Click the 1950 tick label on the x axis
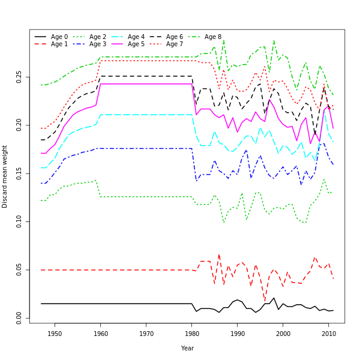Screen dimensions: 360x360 (x=55, y=334)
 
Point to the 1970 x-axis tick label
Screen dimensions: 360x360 (x=146, y=334)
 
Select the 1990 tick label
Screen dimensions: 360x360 (x=238, y=334)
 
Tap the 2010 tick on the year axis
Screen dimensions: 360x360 (x=329, y=334)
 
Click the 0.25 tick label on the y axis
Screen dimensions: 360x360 (x=19, y=77)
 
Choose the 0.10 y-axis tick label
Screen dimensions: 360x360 (x=19, y=221)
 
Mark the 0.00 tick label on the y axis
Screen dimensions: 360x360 (x=19, y=318)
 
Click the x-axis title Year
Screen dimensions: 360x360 (x=187, y=348)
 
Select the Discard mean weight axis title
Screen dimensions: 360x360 (x=5, y=176)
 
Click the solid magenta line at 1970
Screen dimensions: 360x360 (x=146, y=83)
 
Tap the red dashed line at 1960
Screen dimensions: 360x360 (x=100, y=270)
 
